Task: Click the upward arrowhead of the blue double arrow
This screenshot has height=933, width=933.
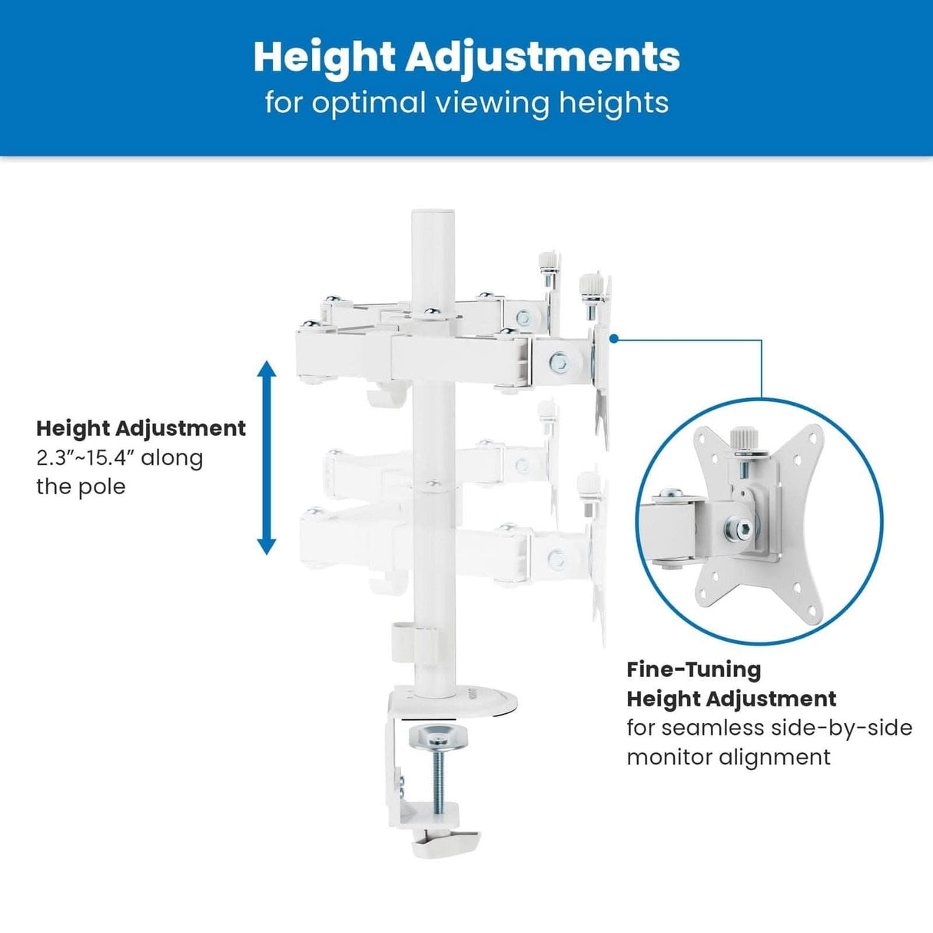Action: (267, 370)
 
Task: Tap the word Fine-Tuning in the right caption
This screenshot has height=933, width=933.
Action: (693, 669)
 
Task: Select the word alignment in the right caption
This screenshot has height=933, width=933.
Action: (775, 757)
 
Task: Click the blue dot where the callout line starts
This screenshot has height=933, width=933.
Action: (613, 338)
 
